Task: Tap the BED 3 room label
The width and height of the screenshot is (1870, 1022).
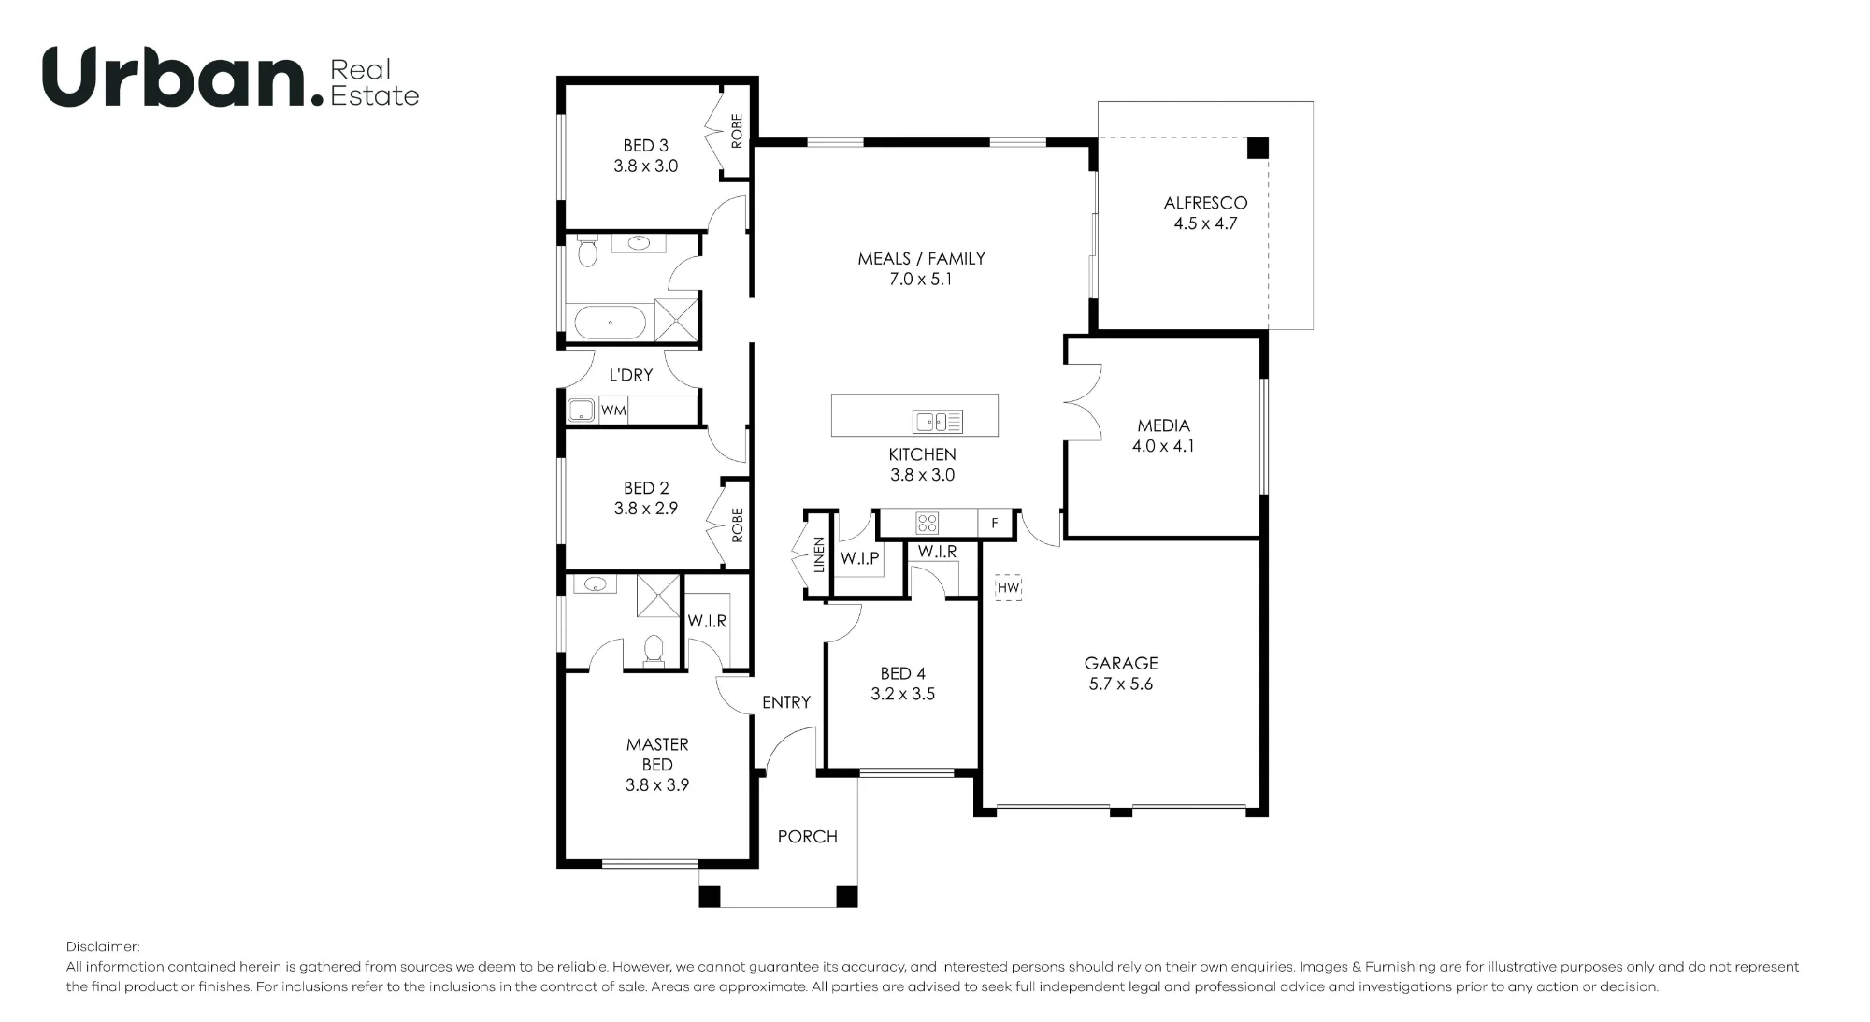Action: [x=646, y=146]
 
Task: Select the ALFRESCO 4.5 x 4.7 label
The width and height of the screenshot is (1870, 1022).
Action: [x=1205, y=213]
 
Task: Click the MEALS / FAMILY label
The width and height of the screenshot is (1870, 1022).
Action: [x=922, y=259]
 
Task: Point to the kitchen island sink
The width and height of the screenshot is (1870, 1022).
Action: [x=938, y=423]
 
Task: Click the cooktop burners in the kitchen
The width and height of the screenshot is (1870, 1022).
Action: [x=927, y=523]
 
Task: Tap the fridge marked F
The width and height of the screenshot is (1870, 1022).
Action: [x=995, y=524]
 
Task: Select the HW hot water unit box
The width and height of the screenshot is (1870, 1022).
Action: [x=1008, y=587]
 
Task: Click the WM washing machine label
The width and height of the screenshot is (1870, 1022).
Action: [x=613, y=410]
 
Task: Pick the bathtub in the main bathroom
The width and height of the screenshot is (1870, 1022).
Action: [x=610, y=323]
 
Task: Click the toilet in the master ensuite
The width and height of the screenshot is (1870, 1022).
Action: [x=654, y=651]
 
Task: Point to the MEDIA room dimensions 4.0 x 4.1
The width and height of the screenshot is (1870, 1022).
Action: [x=1163, y=446]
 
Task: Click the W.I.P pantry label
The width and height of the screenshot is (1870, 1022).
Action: [x=859, y=558]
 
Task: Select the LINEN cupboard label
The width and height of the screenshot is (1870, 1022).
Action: [x=819, y=554]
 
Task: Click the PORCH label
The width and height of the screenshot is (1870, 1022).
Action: [x=808, y=837]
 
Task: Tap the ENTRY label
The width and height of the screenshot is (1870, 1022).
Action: [x=786, y=702]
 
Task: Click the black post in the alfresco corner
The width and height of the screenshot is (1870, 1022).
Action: [x=1258, y=148]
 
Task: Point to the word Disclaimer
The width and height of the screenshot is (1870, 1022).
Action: [x=103, y=947]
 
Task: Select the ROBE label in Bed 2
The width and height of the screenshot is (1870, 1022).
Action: [x=737, y=525]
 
